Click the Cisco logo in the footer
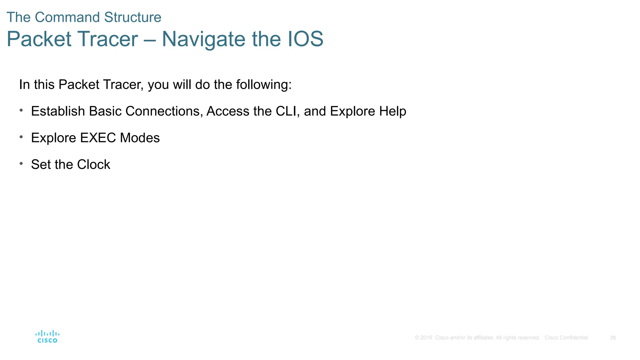(x=47, y=337)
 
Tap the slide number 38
(x=612, y=338)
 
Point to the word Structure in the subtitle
(x=132, y=17)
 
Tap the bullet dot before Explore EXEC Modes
(x=21, y=137)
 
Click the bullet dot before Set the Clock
(x=21, y=163)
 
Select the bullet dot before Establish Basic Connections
(x=21, y=110)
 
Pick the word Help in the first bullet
(x=392, y=112)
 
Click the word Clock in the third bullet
(x=93, y=165)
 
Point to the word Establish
(x=58, y=111)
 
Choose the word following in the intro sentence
(x=263, y=85)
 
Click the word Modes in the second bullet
(x=140, y=138)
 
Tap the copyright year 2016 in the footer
(x=426, y=338)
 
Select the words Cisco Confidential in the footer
(x=566, y=338)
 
